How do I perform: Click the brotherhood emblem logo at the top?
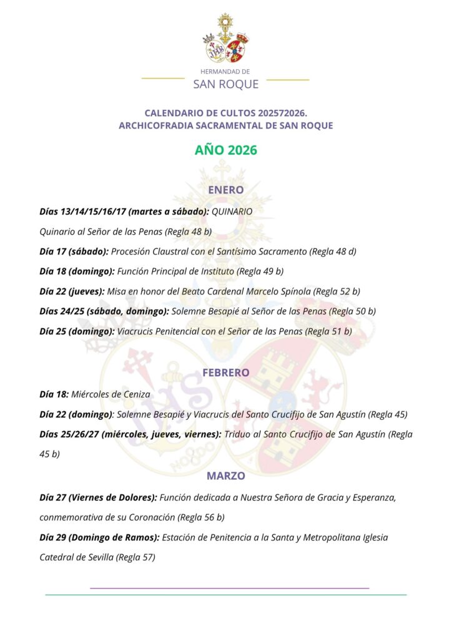(x=225, y=39)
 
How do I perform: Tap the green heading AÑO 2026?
(x=225, y=150)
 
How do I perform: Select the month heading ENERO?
(x=225, y=189)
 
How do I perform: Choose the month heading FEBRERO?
(x=225, y=373)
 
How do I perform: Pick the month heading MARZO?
(x=225, y=476)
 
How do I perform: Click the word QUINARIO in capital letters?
(x=232, y=212)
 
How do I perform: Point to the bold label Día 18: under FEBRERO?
(x=53, y=394)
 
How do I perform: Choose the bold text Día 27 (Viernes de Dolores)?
(x=98, y=497)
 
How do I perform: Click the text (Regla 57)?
(x=135, y=557)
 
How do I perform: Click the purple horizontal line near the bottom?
(x=229, y=588)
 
